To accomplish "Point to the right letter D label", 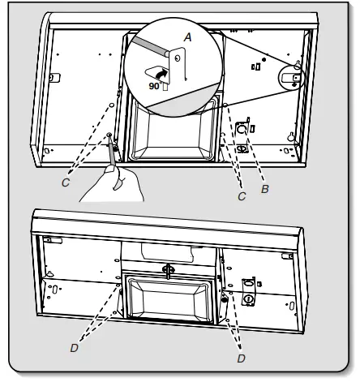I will coord(240,354).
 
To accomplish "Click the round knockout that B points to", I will coord(241,130).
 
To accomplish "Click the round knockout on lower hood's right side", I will coord(248,299).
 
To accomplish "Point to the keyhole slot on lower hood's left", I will coord(54,289).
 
